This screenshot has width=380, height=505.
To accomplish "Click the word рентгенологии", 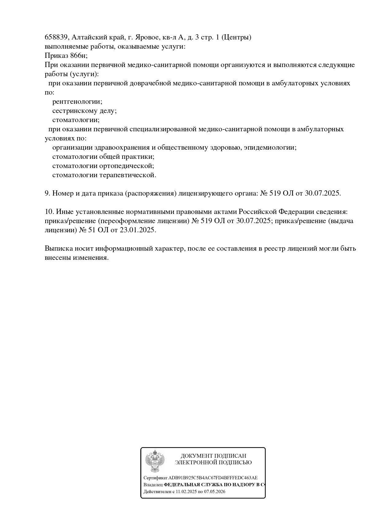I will coord(77,102).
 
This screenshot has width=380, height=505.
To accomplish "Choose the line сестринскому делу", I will coord(84,111).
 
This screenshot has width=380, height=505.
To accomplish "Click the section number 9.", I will coord(47,193).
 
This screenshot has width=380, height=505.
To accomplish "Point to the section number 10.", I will coord(49,212).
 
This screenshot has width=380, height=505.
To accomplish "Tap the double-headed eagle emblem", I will coord(155,461).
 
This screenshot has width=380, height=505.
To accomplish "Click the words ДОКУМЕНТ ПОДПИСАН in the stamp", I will coord(213,456).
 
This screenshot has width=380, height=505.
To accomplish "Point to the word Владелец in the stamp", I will coord(153,485).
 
